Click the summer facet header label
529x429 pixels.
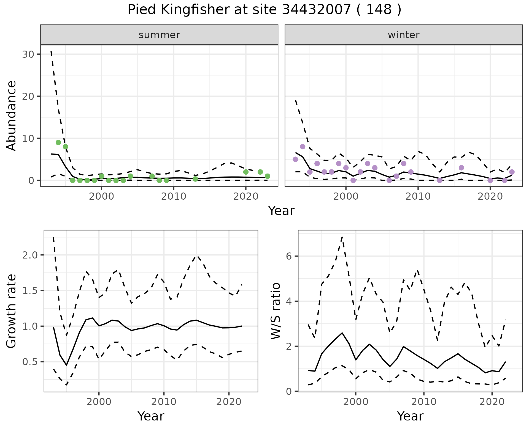159,35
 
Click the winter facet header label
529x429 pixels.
403,35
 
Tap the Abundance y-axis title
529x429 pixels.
12,116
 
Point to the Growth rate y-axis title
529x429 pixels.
12,311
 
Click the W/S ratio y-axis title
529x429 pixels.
276,311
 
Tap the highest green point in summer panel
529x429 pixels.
58,142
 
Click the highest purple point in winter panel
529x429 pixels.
303,147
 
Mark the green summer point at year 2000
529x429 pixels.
101,176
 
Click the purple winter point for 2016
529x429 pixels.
461,168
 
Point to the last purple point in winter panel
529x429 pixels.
512,172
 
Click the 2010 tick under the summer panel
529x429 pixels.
174,196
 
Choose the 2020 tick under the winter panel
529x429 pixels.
490,196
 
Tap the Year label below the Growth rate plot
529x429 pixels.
151,416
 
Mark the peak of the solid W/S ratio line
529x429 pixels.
342,333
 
